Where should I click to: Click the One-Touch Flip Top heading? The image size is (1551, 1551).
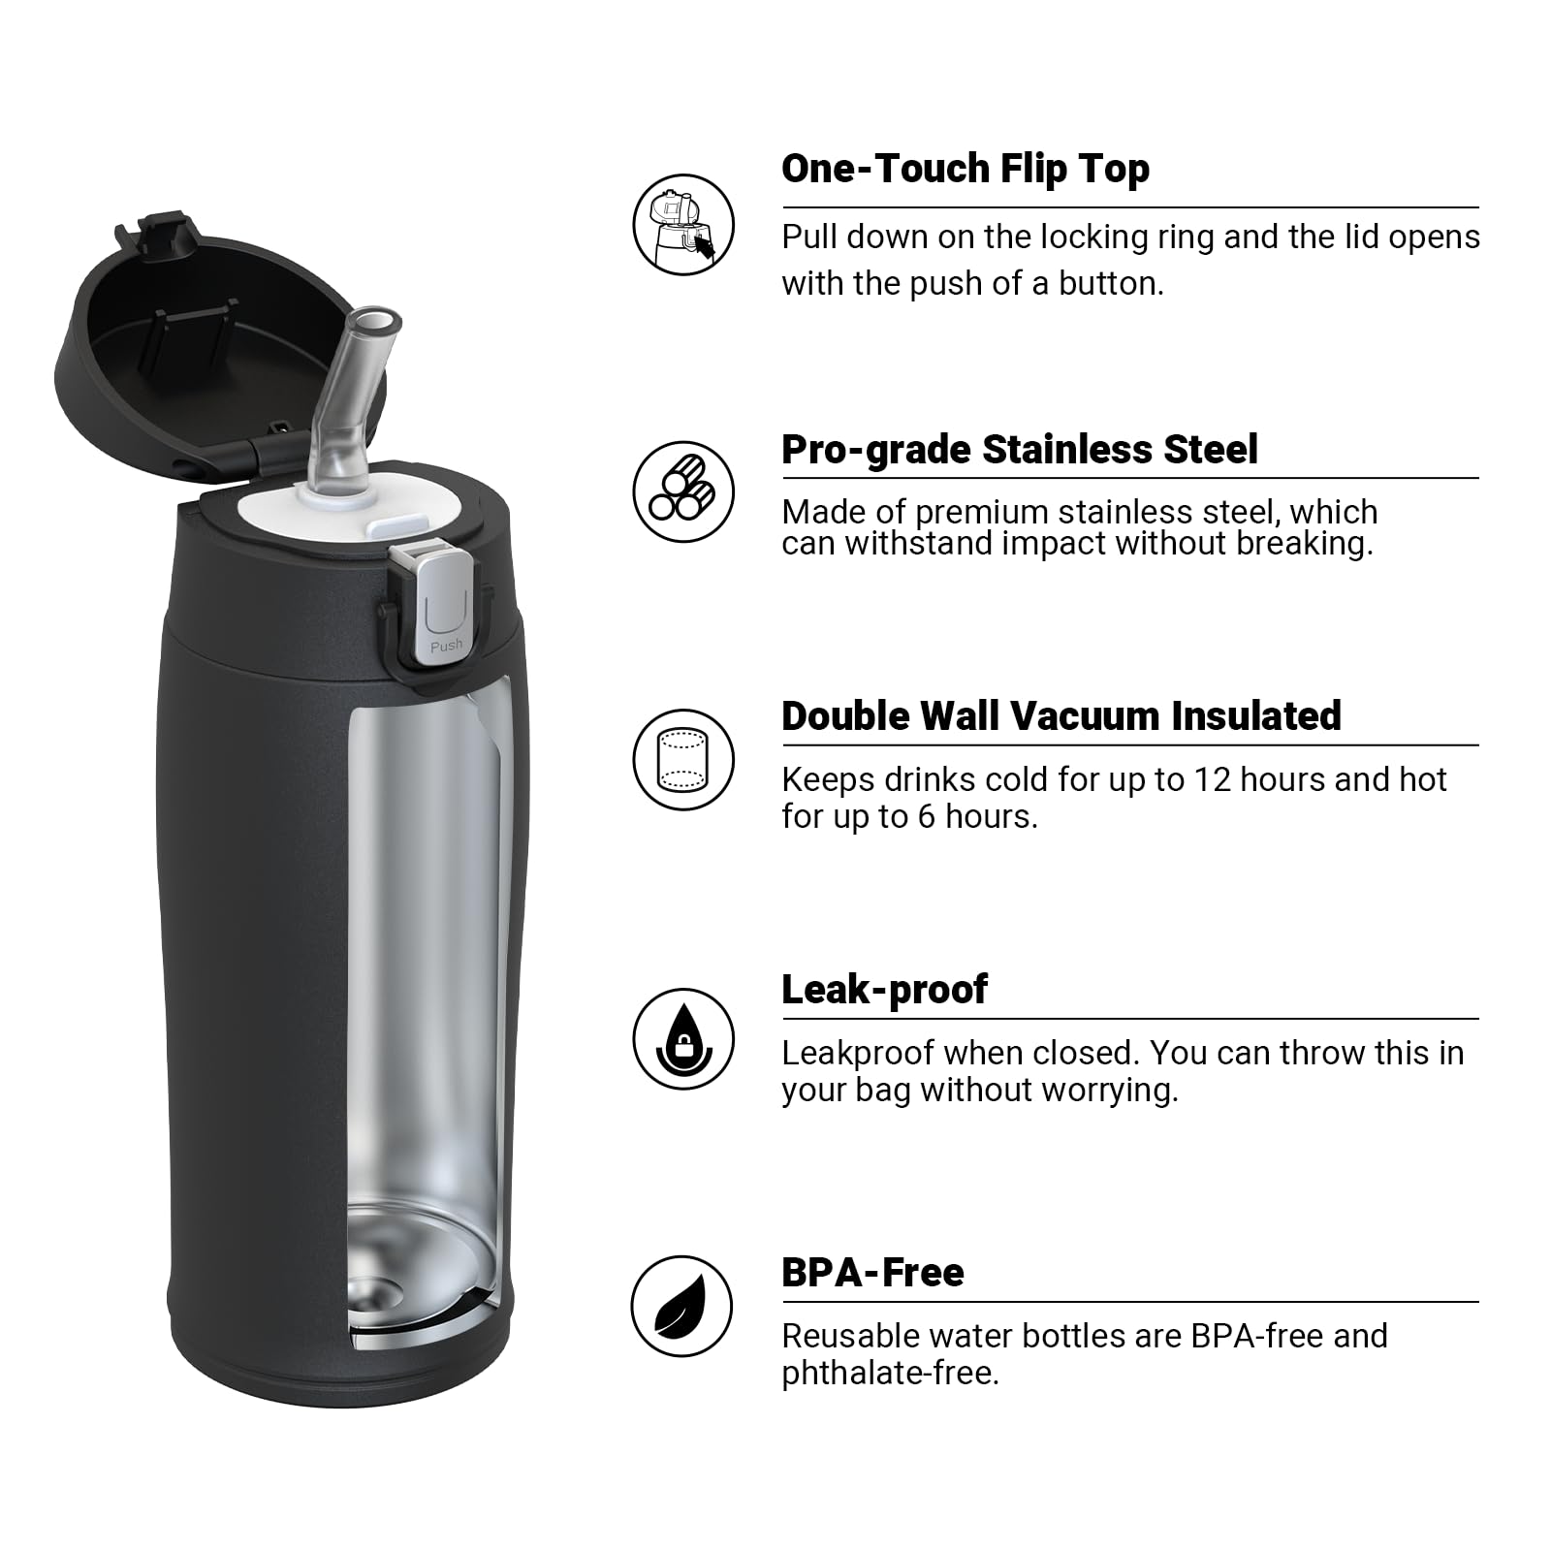click(965, 169)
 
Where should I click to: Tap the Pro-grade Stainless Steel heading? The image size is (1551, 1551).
click(1019, 450)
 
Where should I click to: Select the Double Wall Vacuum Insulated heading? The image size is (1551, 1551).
click(1060, 716)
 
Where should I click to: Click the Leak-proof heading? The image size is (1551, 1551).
click(884, 990)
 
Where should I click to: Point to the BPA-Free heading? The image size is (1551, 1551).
click(872, 1273)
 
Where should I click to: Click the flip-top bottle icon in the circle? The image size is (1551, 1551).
click(683, 225)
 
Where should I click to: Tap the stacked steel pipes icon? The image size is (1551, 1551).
click(683, 491)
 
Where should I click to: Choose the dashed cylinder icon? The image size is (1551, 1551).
click(683, 759)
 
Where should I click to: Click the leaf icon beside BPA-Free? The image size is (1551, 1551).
click(681, 1306)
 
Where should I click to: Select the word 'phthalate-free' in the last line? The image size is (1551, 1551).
click(889, 1374)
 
